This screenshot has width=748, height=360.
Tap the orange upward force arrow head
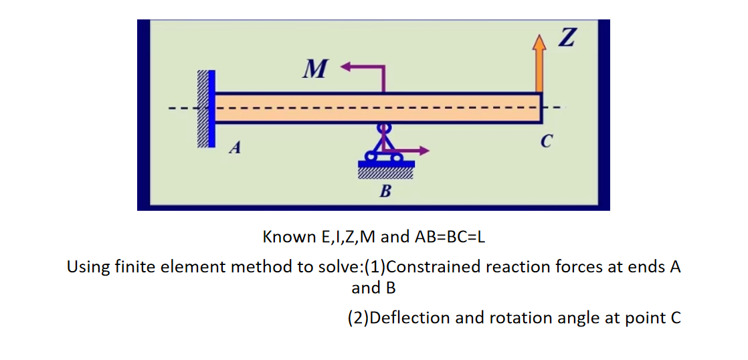tap(539, 43)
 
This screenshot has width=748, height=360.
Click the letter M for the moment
tap(312, 68)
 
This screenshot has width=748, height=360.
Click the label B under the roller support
tap(385, 193)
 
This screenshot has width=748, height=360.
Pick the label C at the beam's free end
tap(547, 142)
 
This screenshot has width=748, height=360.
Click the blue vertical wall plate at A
tap(211, 108)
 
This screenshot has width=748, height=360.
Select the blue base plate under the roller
tap(386, 163)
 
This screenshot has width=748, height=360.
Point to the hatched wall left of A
tap(201, 108)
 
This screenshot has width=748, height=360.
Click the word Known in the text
tap(286, 237)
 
